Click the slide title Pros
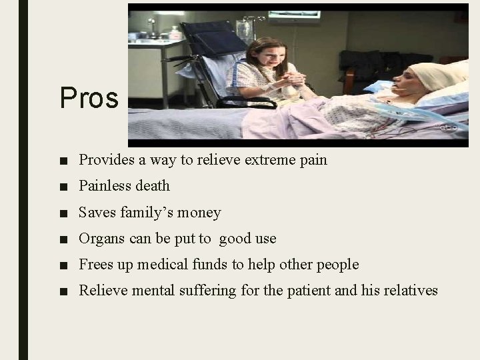(89, 99)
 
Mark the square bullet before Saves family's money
(63, 213)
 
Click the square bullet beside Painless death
(63, 187)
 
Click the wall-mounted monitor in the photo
(295, 15)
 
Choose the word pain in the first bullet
(313, 160)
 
